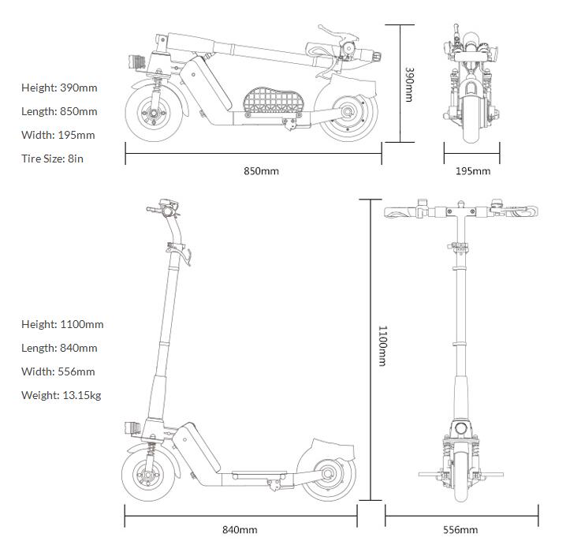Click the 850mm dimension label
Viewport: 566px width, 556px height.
pos(261,171)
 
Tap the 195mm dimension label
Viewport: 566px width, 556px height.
pos(473,171)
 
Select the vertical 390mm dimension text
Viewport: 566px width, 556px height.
pos(409,84)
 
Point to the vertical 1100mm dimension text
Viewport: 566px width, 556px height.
pos(382,345)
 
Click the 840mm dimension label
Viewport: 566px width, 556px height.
pos(240,530)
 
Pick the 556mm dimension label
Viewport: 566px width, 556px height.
pos(460,530)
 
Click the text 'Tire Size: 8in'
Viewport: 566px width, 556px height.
pos(52,159)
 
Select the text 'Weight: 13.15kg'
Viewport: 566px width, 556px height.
pos(61,395)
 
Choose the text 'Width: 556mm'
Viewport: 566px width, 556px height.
pos(58,371)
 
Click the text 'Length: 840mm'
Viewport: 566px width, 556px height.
pos(59,348)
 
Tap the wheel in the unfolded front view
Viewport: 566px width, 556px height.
pos(460,476)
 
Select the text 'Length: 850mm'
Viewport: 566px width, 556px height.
pos(59,111)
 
